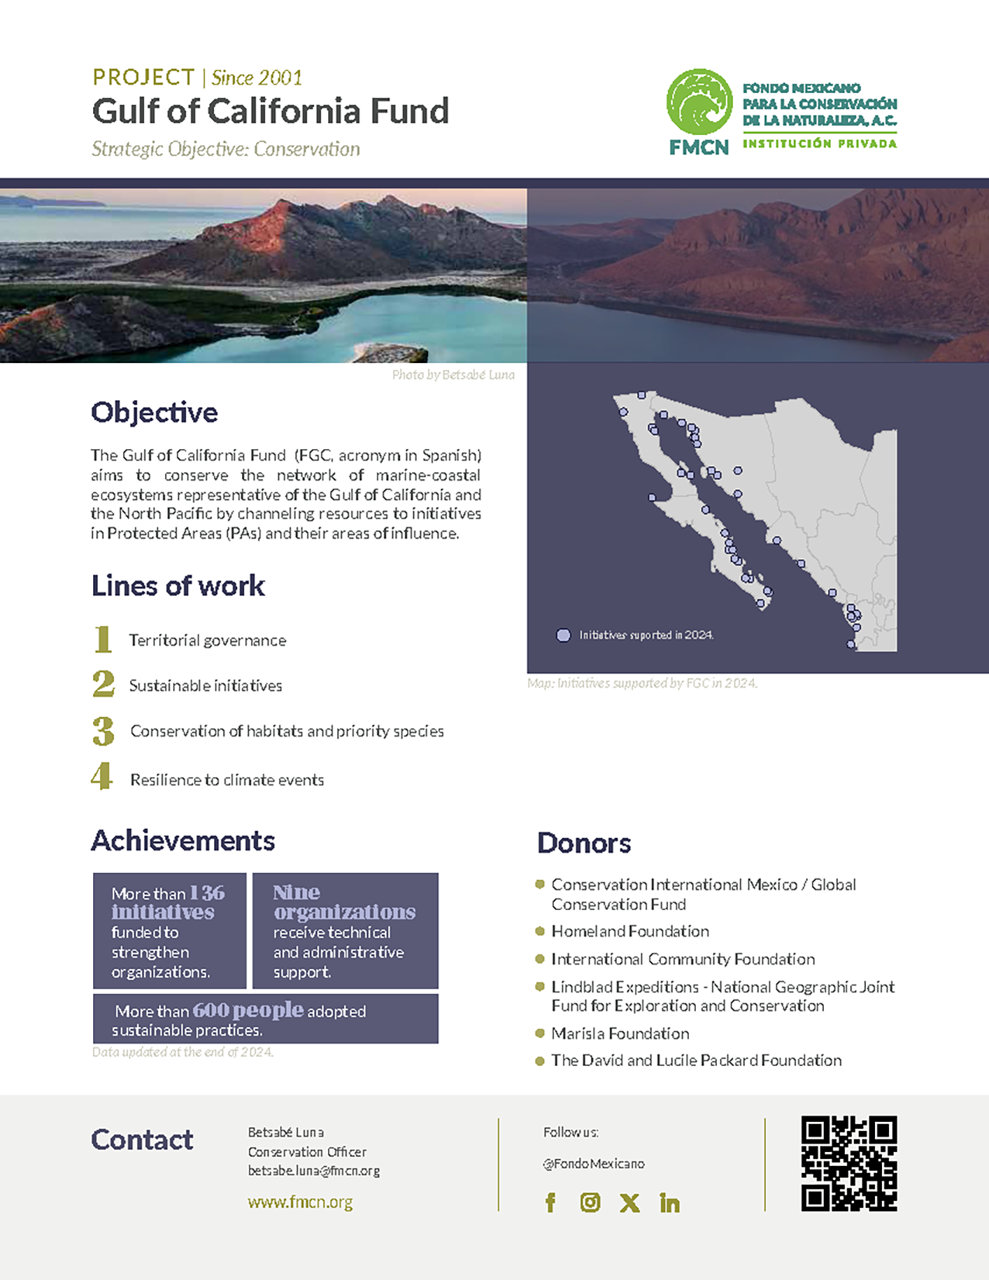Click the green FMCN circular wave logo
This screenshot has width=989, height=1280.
[x=699, y=102]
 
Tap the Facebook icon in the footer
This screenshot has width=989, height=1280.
[x=550, y=1202]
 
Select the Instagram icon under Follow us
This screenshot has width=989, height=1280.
[x=590, y=1202]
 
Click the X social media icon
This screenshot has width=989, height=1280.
[x=629, y=1202]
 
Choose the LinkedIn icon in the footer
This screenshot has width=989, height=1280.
[x=670, y=1202]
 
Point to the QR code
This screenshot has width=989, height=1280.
[x=849, y=1163]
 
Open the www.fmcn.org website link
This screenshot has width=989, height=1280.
[x=300, y=1202]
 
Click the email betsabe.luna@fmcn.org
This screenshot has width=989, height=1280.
[x=313, y=1171]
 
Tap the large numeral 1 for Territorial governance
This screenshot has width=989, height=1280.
[x=102, y=640]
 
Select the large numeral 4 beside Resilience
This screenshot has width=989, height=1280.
[x=102, y=777]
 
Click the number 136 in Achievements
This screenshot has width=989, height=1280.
[x=207, y=893]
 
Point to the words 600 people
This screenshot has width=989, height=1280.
[x=247, y=1010]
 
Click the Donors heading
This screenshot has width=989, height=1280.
[x=584, y=843]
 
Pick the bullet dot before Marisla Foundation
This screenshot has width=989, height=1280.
[x=539, y=1033]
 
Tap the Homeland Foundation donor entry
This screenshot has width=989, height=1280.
[x=629, y=931]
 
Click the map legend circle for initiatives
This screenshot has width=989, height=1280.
[x=563, y=635]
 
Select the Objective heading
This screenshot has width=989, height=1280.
[x=154, y=412]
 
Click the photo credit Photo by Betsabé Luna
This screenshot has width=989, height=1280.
[x=453, y=375]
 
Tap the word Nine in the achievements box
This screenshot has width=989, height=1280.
[x=296, y=892]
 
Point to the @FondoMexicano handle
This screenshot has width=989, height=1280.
[x=594, y=1164]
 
